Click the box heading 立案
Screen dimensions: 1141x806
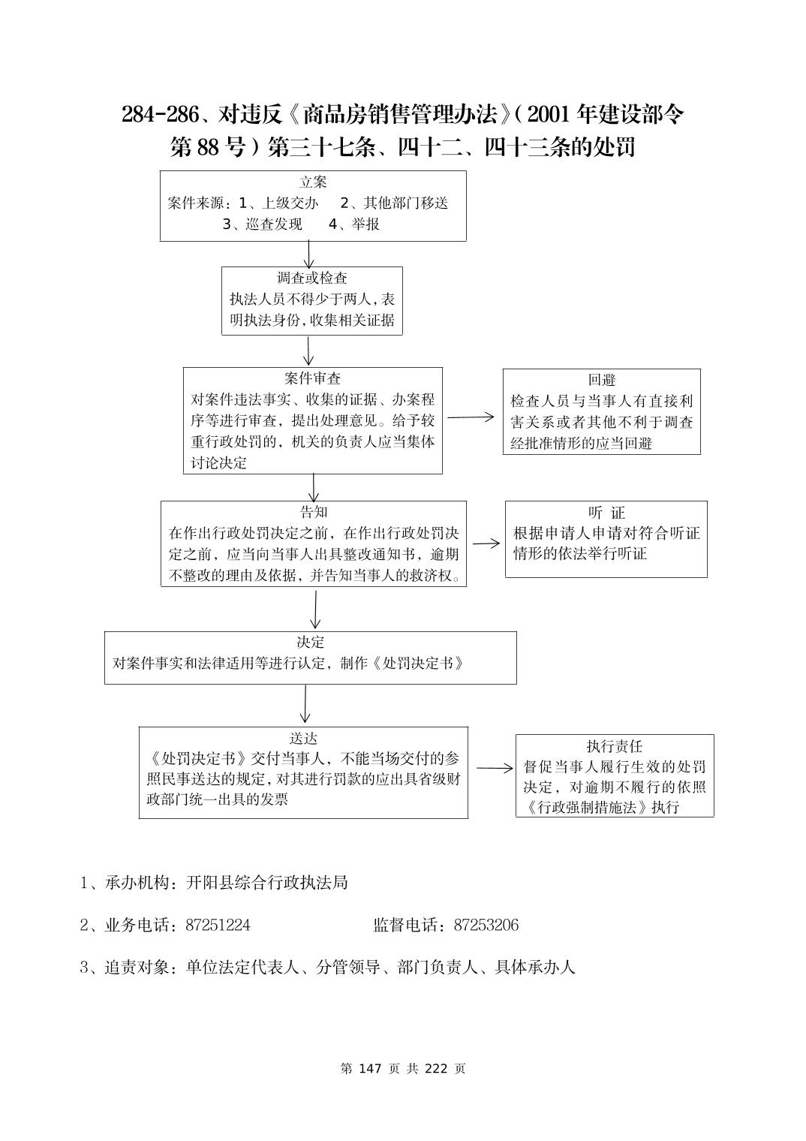(313, 182)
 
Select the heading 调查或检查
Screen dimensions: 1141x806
(312, 278)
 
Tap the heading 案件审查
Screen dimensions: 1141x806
(312, 378)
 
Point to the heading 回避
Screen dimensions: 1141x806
(601, 381)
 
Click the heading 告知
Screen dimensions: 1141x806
(313, 512)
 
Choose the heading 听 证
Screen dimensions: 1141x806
(606, 513)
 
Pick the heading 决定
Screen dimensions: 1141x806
(310, 643)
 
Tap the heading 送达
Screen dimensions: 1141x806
(303, 738)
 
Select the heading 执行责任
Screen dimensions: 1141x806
(614, 746)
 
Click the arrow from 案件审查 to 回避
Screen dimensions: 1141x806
(472, 417)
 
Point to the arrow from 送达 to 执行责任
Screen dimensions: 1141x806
(495, 768)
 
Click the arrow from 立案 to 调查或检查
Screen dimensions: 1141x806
(308, 254)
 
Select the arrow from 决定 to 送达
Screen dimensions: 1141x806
(305, 704)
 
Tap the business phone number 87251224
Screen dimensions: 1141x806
(218, 925)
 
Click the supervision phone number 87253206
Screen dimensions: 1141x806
(486, 925)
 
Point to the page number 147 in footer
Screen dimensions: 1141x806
(371, 1068)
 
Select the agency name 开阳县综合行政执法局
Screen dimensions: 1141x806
(266, 883)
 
